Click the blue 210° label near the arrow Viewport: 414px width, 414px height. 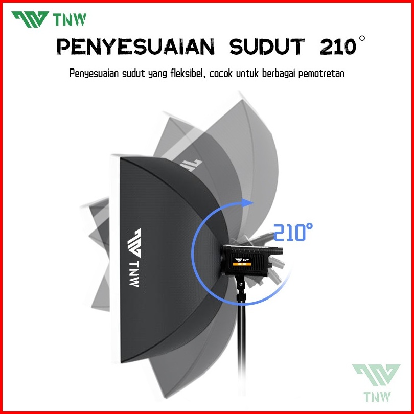click(x=293, y=233)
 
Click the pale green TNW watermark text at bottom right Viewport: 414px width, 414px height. click(x=376, y=396)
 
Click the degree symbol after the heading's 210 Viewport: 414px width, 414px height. click(x=362, y=40)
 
